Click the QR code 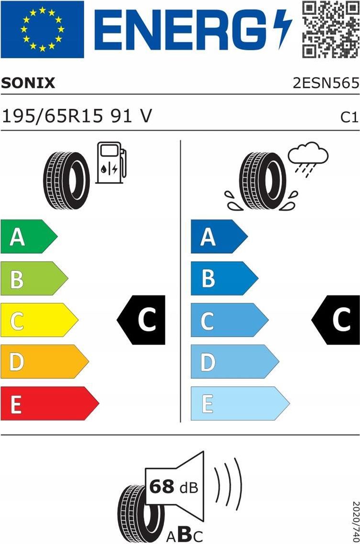click(x=330, y=30)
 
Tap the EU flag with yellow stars click(x=43, y=29)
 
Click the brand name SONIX click(x=28, y=83)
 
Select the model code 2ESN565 click(x=326, y=83)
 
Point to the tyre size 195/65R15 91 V click(x=77, y=115)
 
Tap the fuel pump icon click(x=111, y=162)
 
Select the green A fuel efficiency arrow click(x=29, y=236)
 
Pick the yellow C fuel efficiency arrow click(x=39, y=320)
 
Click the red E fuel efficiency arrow click(x=50, y=403)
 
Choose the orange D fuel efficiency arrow click(x=44, y=362)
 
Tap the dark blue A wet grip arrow click(x=219, y=236)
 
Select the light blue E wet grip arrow click(x=240, y=403)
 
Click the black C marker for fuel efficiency click(x=141, y=320)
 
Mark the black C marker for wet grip click(x=336, y=320)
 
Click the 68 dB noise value click(x=174, y=487)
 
